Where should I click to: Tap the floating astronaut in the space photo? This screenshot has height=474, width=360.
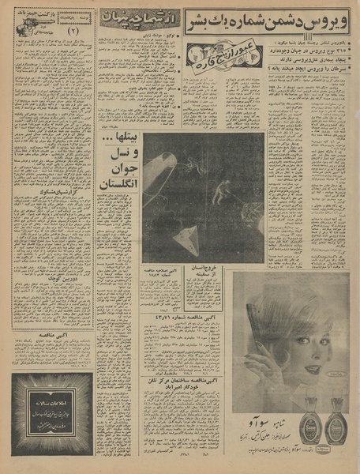(x=225, y=188)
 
